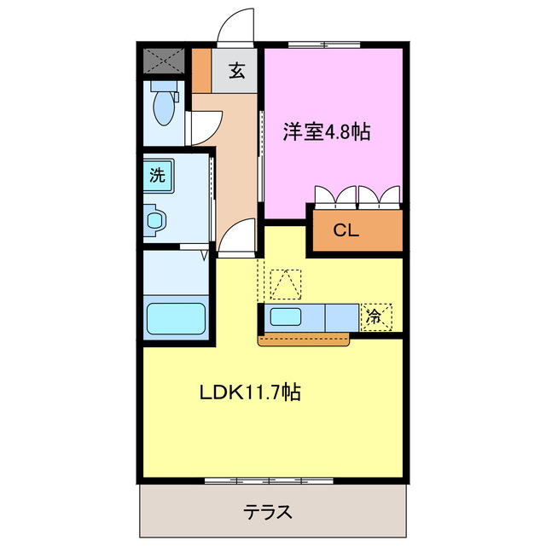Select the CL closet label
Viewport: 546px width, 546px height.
(346, 229)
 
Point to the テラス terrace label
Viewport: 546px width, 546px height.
(269, 512)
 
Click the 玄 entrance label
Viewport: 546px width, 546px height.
(236, 72)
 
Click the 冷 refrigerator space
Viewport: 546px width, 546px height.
(375, 316)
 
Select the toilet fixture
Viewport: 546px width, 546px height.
(162, 107)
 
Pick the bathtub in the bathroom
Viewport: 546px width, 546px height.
(177, 319)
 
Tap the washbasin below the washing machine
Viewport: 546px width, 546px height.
(156, 220)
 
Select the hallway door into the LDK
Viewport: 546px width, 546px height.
(239, 236)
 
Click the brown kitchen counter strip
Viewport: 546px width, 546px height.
(304, 340)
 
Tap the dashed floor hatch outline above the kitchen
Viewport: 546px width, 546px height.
(285, 283)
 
